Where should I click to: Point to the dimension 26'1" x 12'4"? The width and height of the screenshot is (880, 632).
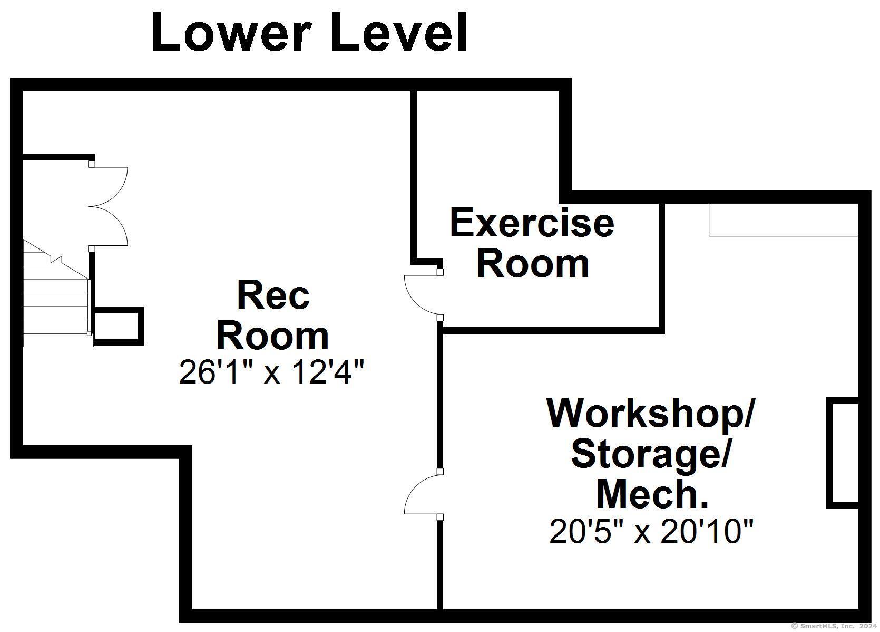point(272,372)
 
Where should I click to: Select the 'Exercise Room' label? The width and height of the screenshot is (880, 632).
point(532,243)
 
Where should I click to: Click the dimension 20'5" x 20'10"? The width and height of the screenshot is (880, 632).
point(651,532)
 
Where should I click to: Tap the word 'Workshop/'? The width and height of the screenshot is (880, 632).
point(651,414)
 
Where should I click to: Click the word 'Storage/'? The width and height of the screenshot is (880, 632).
point(651,455)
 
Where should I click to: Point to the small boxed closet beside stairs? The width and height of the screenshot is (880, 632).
point(119,326)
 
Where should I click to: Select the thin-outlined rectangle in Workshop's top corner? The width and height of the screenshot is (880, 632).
point(783,220)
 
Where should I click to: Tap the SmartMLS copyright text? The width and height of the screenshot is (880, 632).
point(835,626)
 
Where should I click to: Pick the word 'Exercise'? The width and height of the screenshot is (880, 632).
point(532,223)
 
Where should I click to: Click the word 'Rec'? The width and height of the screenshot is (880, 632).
point(273,295)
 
